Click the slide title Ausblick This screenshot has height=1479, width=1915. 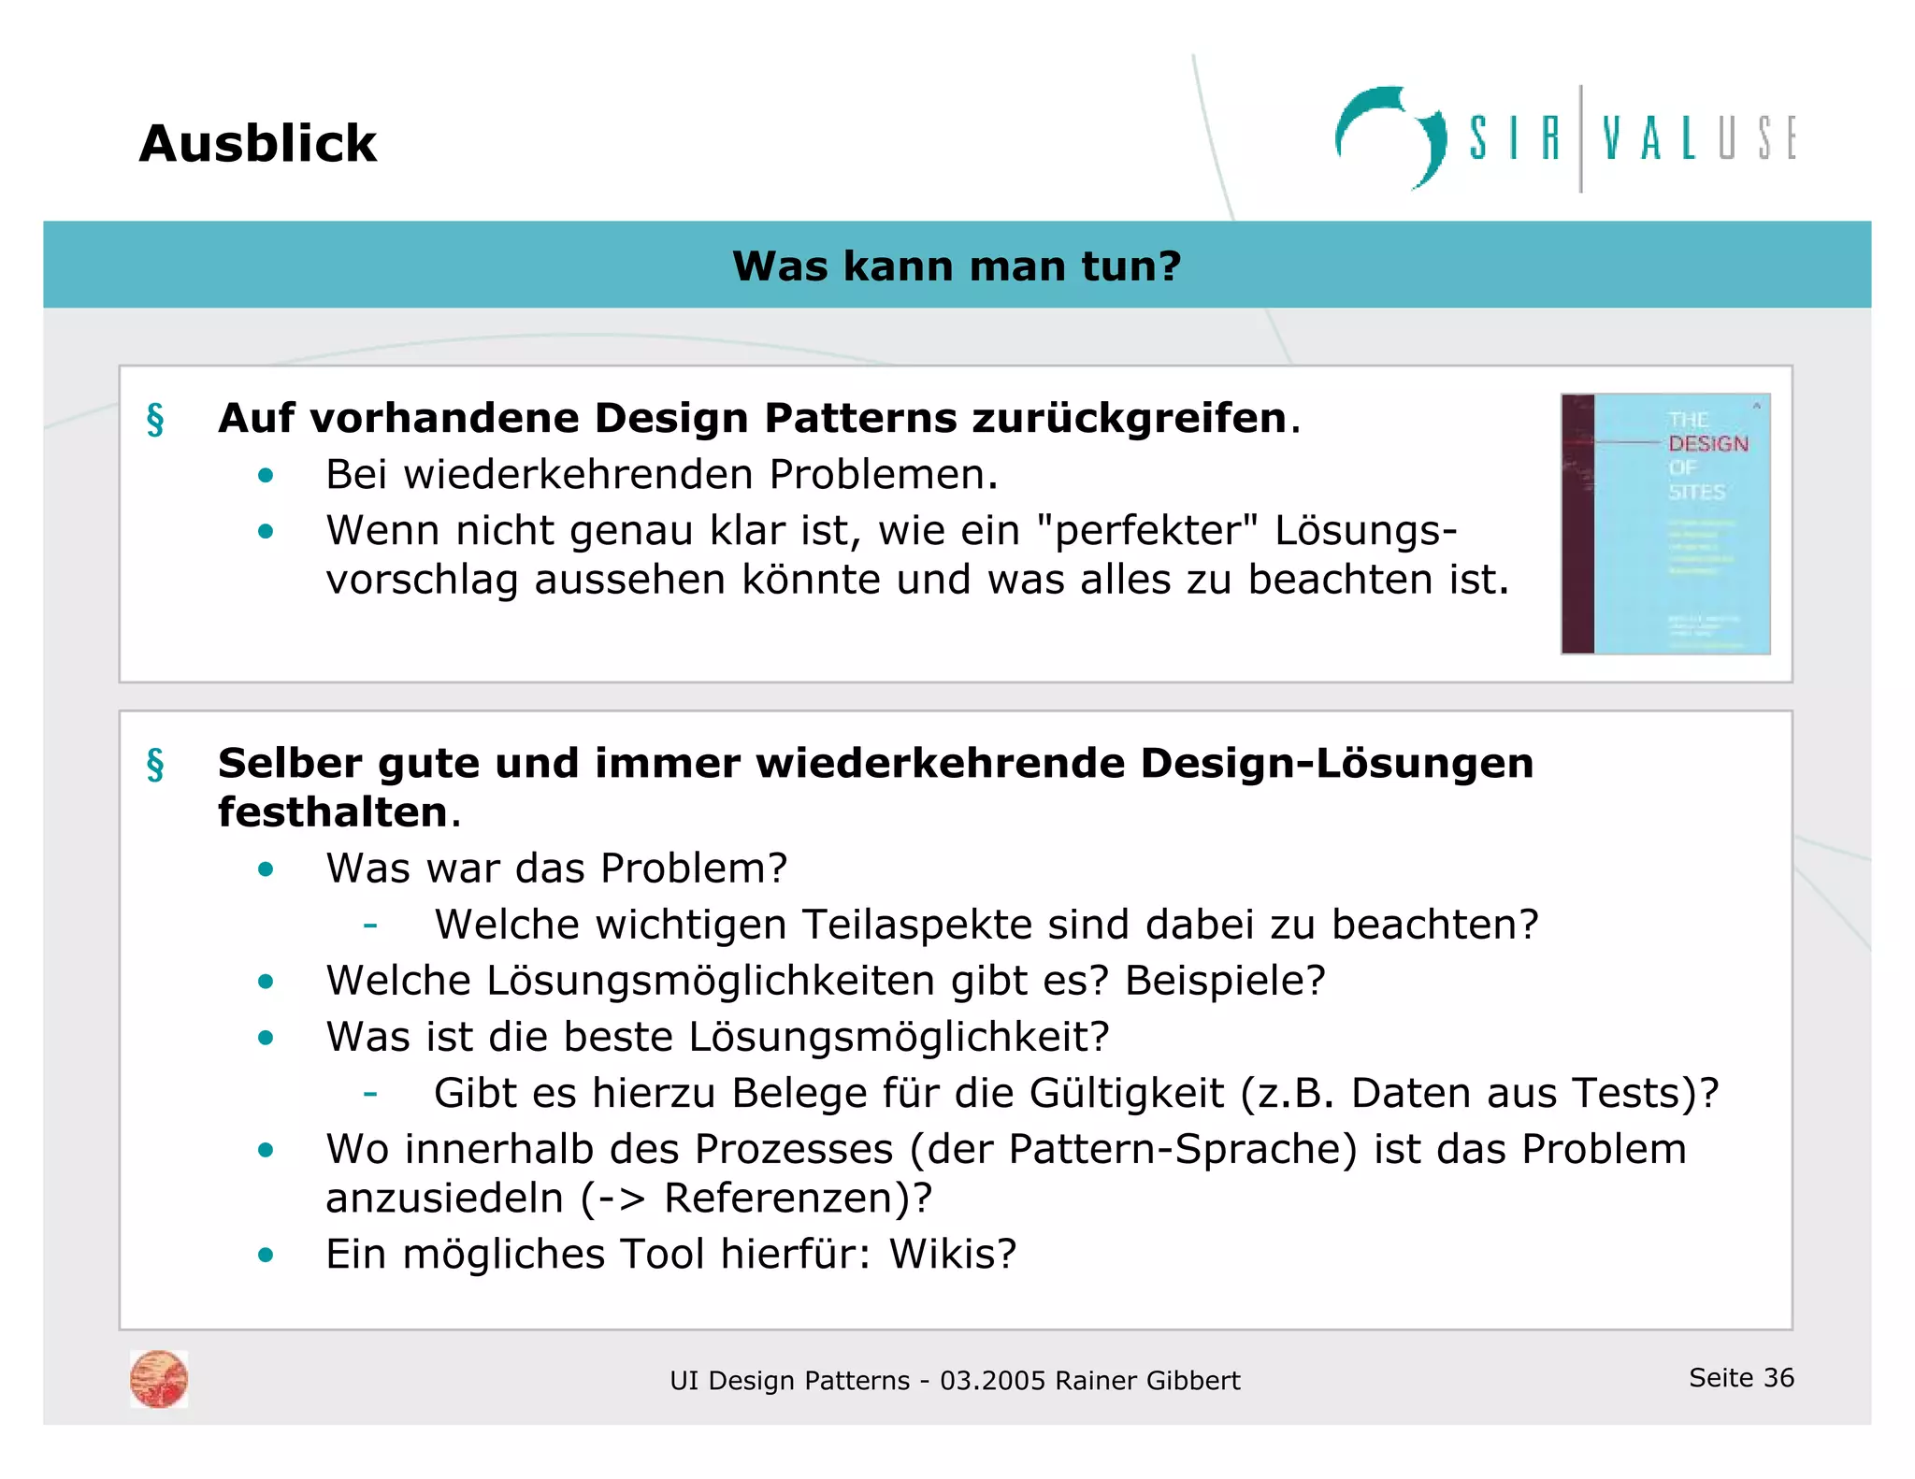257,144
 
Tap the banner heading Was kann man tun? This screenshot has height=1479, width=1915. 957,266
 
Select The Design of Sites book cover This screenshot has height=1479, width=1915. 1665,524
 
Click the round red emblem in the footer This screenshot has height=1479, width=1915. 159,1379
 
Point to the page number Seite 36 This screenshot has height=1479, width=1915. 1741,1377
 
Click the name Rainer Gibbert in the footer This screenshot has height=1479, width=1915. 1147,1381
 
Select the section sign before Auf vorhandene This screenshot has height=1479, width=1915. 155,420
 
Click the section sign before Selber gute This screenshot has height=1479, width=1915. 155,765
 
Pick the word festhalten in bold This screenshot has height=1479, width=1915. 333,811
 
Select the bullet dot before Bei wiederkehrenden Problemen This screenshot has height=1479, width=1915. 266,476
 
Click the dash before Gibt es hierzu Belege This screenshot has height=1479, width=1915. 370,1093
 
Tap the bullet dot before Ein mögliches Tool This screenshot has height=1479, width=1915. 266,1255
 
